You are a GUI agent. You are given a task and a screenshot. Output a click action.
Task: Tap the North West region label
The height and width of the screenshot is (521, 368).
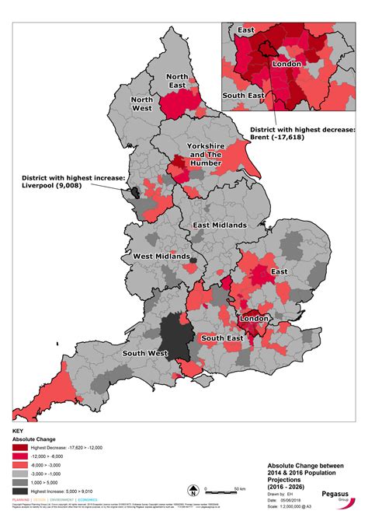(143, 104)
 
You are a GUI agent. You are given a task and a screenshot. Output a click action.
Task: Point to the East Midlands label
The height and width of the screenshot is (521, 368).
(218, 225)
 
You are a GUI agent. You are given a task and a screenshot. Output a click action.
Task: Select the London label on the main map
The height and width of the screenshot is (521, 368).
(254, 318)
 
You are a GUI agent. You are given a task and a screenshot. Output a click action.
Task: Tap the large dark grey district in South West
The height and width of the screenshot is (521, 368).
(176, 337)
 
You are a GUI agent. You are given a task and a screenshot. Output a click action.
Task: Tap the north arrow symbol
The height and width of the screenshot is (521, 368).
(192, 491)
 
